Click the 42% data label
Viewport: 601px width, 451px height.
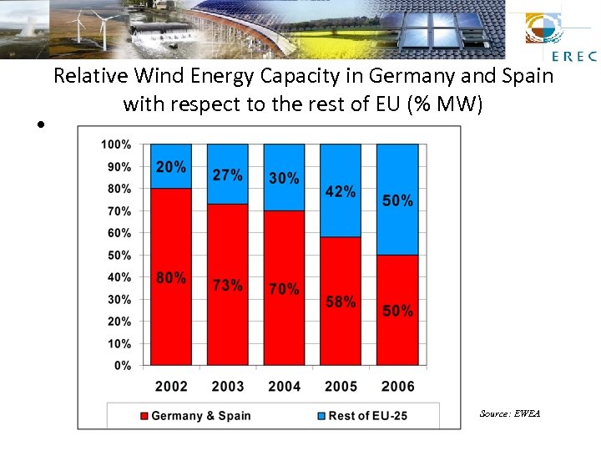341,191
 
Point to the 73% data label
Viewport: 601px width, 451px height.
228,285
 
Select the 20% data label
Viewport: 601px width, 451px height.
171,167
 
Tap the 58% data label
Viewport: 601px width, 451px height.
341,302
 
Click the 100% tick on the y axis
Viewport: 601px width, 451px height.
115,144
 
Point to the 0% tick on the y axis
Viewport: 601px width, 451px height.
121,366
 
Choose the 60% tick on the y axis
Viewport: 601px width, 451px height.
118,233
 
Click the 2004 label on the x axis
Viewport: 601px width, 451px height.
284,387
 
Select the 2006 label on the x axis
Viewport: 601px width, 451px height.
397,387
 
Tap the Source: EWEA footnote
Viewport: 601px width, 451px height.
509,413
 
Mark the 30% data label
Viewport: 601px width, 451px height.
284,179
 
